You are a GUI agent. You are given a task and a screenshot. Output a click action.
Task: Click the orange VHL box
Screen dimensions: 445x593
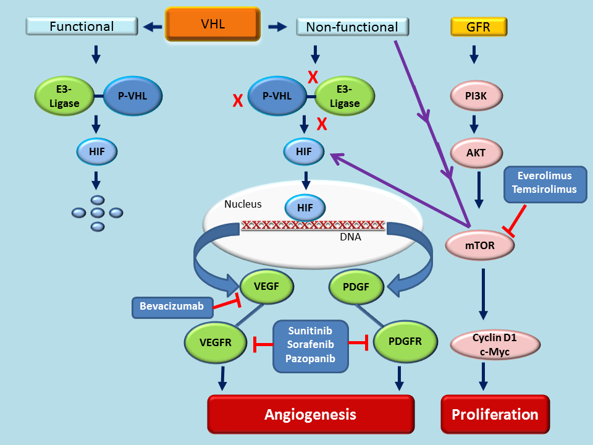pyautogui.click(x=213, y=25)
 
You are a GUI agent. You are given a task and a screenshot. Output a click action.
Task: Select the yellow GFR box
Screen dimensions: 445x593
pyautogui.click(x=479, y=27)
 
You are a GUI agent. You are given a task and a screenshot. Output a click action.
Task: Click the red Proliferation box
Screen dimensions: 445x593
pyautogui.click(x=495, y=414)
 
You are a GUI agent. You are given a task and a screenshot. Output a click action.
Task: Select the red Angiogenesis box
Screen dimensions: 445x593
pyautogui.click(x=310, y=414)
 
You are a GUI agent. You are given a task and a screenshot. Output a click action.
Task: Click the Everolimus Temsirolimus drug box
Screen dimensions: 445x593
pyautogui.click(x=545, y=184)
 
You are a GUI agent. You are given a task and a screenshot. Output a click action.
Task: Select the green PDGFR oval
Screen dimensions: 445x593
pyautogui.click(x=405, y=341)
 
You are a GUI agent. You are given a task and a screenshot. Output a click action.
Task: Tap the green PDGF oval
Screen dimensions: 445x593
pyautogui.click(x=355, y=287)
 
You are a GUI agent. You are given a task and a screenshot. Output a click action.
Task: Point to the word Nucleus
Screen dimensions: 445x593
pyautogui.click(x=243, y=204)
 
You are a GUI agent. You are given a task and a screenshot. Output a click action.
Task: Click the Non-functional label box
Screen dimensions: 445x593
pyautogui.click(x=352, y=27)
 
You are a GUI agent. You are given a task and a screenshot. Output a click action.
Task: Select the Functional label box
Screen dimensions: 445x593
pyautogui.click(x=82, y=27)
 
